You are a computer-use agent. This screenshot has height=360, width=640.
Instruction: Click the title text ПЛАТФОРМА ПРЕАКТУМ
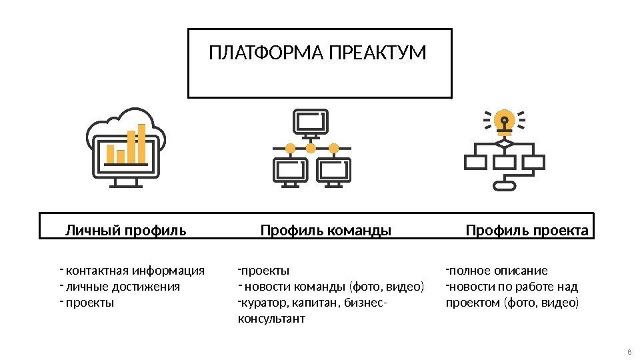[x=317, y=53]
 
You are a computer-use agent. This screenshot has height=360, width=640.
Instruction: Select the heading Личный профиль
[x=125, y=231]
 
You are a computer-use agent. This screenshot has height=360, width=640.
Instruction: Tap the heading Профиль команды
[x=325, y=231]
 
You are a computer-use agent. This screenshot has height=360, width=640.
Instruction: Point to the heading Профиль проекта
[x=527, y=231]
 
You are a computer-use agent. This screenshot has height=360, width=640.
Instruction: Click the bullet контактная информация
[x=136, y=271]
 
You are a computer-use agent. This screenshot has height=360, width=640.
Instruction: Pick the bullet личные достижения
[x=123, y=287]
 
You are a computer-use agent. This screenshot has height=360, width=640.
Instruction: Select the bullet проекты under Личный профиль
[x=91, y=303]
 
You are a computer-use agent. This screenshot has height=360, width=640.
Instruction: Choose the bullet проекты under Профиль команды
[x=265, y=271]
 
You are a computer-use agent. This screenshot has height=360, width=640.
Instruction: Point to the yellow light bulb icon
[x=504, y=121]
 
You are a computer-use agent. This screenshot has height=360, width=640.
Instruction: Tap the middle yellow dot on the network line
[x=310, y=147]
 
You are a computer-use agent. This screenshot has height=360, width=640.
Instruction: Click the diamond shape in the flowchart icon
[x=504, y=143]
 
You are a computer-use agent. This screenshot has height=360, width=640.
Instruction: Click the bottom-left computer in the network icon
[x=290, y=171]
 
